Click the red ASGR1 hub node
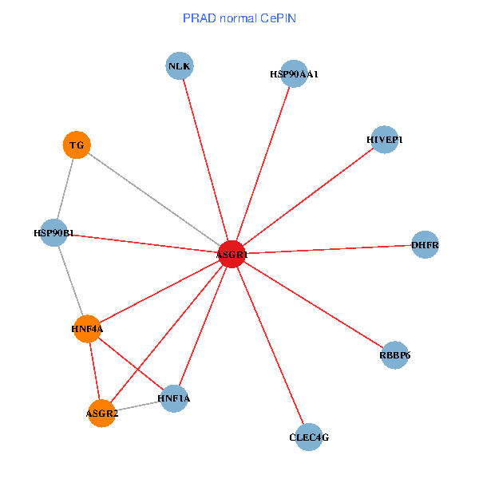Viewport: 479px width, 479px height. point(232,254)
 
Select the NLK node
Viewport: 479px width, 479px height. point(180,65)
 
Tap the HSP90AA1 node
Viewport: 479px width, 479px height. point(295,73)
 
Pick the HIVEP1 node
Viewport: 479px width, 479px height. point(385,140)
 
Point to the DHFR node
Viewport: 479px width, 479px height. point(425,244)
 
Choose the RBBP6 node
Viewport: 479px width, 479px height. point(394,355)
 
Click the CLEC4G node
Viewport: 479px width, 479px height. point(308,437)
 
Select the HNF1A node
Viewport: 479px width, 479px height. point(174,398)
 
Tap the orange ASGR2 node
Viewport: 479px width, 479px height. point(101,413)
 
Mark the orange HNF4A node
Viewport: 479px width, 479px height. point(87,328)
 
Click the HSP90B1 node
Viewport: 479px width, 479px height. point(53,232)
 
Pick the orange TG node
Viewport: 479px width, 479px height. point(76,145)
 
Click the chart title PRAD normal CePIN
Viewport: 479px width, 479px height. point(239,18)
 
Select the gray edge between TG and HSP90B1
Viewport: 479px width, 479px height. point(65,188)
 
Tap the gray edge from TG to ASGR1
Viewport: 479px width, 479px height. point(153,200)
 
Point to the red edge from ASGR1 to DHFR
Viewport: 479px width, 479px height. point(327,249)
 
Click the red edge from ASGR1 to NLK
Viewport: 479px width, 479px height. point(205,160)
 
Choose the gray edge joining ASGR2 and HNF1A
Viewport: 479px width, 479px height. point(137,406)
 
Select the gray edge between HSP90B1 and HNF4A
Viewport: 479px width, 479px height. point(70,280)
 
